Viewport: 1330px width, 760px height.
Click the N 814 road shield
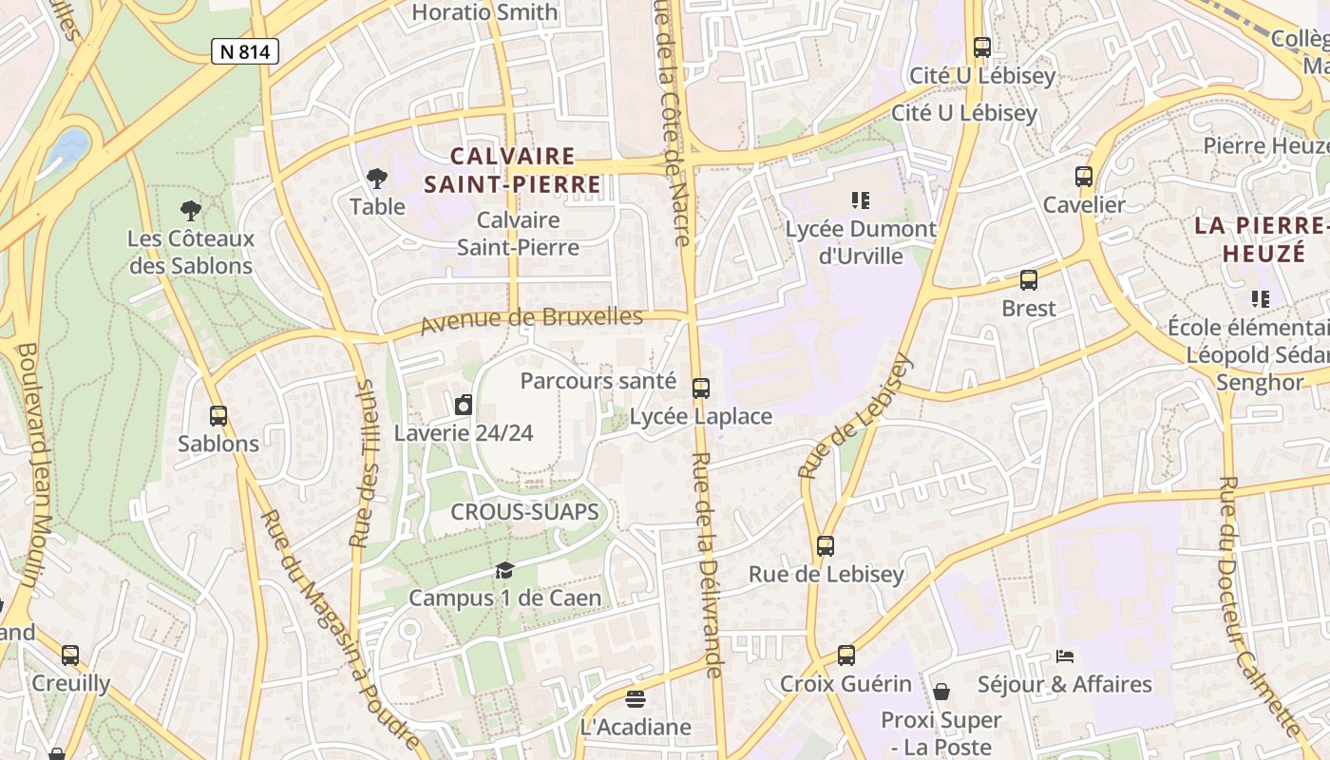tap(245, 51)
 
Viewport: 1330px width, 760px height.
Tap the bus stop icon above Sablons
tap(218, 415)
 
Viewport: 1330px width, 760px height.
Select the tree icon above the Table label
tap(377, 178)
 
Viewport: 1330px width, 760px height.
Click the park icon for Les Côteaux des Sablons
tap(191, 210)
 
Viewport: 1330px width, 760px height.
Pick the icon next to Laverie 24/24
tap(464, 405)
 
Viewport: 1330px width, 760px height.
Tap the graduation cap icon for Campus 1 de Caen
tap(504, 570)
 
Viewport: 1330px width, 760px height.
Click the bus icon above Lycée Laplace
tap(701, 388)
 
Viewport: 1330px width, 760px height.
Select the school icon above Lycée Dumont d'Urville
tap(861, 199)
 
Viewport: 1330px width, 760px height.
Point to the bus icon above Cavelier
tap(1084, 176)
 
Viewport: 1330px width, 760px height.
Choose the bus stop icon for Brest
tap(1029, 279)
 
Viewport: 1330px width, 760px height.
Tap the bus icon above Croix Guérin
tap(846, 655)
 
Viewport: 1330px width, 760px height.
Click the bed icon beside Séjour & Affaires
tap(1065, 656)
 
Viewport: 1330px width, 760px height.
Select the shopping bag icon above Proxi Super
tap(941, 691)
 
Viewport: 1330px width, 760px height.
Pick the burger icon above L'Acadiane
tap(636, 699)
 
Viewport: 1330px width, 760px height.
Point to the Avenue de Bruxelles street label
tap(531, 319)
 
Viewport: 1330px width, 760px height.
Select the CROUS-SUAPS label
tap(524, 512)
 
